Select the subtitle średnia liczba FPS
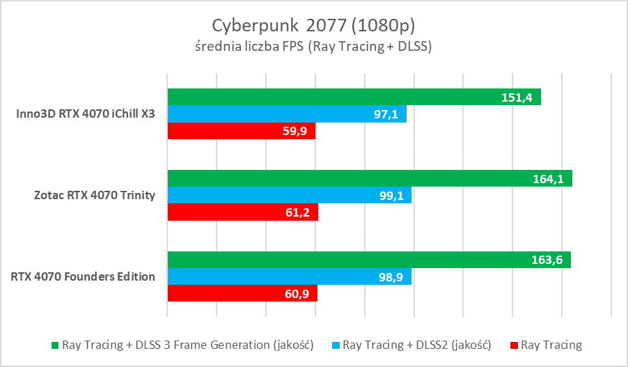pos(313,47)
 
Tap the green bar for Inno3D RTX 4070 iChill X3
pos(354,97)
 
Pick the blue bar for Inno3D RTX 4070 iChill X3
pos(286,114)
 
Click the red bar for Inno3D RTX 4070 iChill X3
pos(241,131)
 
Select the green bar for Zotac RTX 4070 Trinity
pos(369,178)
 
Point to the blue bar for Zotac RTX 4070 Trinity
pos(289,196)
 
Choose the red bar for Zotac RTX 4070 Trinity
pos(242,212)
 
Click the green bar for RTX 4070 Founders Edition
pos(368,260)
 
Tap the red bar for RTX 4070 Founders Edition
pos(242,294)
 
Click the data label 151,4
pos(517,97)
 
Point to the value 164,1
pos(548,179)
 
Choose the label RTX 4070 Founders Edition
pos(83,276)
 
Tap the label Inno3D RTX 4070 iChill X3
pos(86,114)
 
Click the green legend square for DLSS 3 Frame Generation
pos(56,345)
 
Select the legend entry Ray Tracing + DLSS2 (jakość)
pos(417,345)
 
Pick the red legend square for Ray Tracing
pos(514,345)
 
